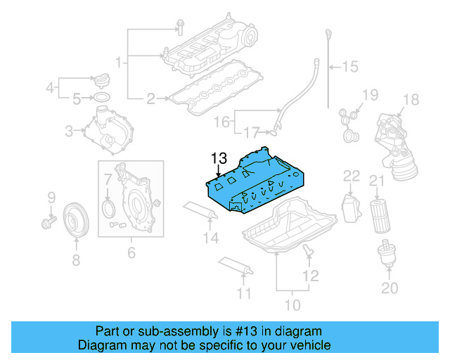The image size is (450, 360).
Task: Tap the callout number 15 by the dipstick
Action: [349, 67]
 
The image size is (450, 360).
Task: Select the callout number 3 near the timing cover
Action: [69, 130]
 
